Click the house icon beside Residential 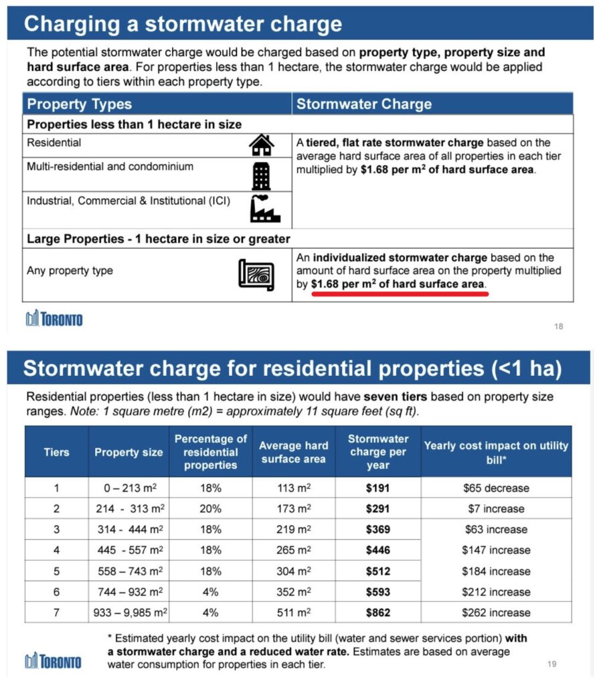262,144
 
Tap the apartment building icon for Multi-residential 261,175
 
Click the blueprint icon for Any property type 256,273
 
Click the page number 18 559,326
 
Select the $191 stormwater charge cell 378,488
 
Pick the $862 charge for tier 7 378,612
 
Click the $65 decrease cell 496,488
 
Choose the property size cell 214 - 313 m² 129,508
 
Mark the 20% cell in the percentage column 211,508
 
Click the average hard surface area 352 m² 294,591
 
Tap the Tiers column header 56,452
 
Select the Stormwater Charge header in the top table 364,104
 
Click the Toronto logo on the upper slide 54,319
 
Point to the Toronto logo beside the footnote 54,661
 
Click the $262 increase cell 496,612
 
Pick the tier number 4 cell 56,550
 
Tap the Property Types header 79,104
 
